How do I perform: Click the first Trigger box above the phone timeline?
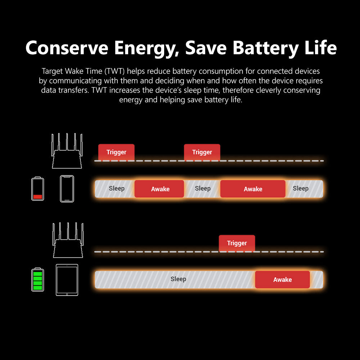coord(116,152)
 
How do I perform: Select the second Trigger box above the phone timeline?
coord(202,152)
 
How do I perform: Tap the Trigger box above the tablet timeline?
coord(237,243)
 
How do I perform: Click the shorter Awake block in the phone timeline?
coord(159,189)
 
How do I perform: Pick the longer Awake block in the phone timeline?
coord(253,189)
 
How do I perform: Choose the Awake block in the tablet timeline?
coord(282,280)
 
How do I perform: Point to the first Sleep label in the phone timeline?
coord(117,188)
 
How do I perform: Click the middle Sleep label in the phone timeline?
coord(203,188)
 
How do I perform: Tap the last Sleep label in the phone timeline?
coord(301,188)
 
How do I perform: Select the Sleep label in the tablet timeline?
coord(178,279)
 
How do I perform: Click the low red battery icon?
coord(37,189)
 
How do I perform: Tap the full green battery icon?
coord(37,280)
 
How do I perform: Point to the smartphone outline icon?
coord(67,189)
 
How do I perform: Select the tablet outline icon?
coord(67,280)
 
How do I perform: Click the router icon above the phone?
coord(67,151)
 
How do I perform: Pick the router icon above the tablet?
coord(68,240)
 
